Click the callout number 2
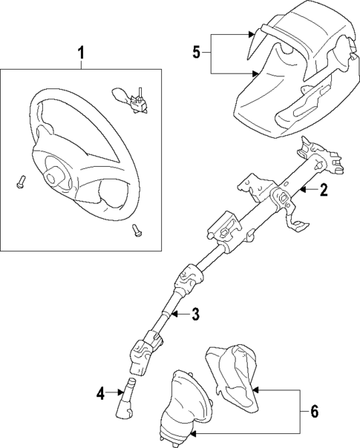pyautogui.click(x=324, y=191)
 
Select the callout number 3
pyautogui.click(x=195, y=315)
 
